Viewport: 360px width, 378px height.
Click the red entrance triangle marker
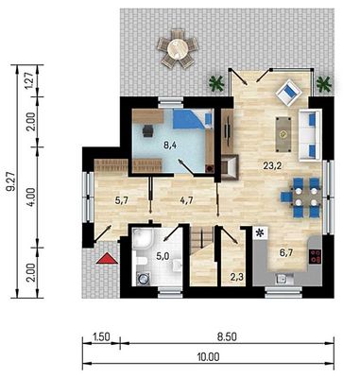(x=107, y=258)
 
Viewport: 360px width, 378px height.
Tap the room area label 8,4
(x=170, y=146)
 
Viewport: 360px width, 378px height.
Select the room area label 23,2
(x=272, y=165)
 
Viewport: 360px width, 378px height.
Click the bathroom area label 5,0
(x=163, y=256)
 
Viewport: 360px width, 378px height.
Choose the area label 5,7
(x=120, y=200)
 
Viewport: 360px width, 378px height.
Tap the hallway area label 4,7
(x=186, y=200)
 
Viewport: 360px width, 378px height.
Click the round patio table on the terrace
(x=178, y=49)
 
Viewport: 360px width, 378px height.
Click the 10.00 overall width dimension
(x=208, y=357)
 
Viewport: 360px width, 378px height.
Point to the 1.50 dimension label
(x=101, y=336)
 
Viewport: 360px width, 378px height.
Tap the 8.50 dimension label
(x=227, y=336)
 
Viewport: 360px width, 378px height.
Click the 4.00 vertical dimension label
(x=31, y=198)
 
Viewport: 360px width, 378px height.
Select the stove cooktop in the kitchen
(x=316, y=256)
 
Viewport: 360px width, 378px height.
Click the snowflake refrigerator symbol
(x=260, y=233)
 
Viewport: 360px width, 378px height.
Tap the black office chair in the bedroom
(x=147, y=130)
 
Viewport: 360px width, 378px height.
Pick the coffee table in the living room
(x=284, y=134)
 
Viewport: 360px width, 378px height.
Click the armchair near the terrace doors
(x=289, y=93)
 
